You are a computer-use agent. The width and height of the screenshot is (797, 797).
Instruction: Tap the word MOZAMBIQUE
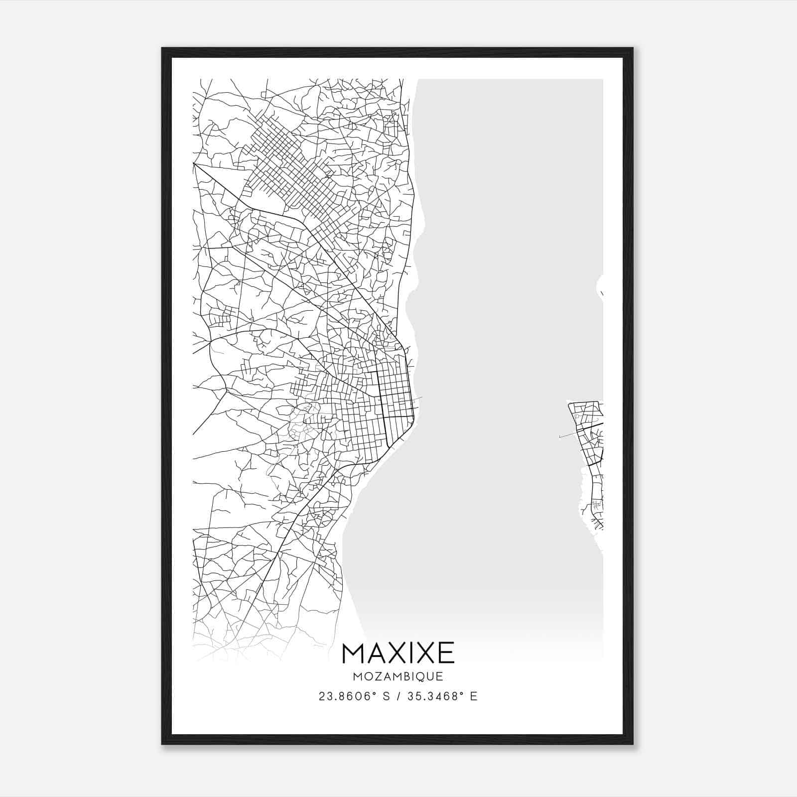[x=398, y=677]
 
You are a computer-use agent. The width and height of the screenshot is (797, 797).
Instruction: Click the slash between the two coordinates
[x=398, y=696]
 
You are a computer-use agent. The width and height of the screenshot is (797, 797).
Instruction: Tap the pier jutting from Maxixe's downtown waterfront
[x=417, y=398]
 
